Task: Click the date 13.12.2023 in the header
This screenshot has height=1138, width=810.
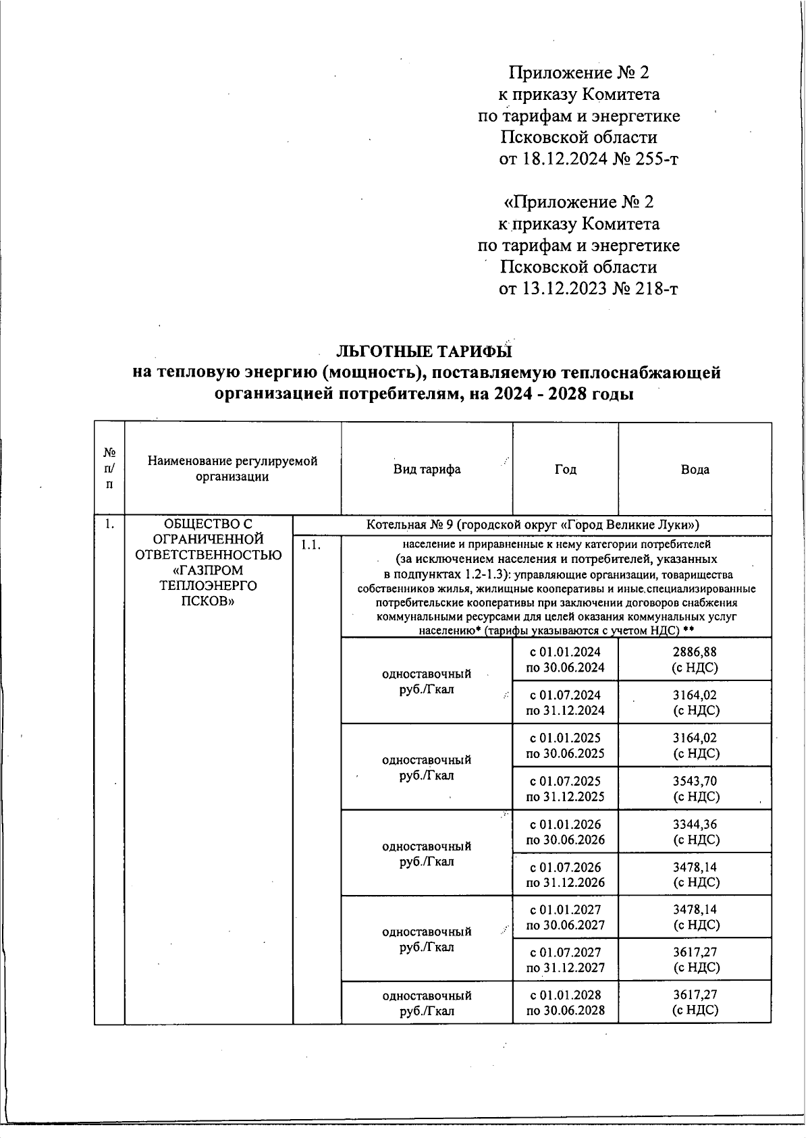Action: (x=554, y=290)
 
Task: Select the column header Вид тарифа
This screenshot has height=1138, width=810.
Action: (x=427, y=469)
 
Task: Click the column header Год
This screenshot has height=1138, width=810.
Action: (x=565, y=469)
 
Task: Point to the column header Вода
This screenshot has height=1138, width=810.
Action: (x=695, y=469)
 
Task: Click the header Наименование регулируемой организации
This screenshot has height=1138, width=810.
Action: (x=232, y=469)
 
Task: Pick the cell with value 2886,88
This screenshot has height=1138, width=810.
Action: (x=695, y=652)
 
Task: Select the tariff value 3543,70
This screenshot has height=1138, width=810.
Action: (x=695, y=781)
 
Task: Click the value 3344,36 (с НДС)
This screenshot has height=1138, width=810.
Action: (x=695, y=832)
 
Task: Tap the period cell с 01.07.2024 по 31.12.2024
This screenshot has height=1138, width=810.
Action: (x=565, y=703)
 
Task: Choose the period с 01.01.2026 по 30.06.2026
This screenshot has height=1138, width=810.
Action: (x=565, y=832)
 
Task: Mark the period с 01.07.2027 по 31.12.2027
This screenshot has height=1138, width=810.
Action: (x=565, y=960)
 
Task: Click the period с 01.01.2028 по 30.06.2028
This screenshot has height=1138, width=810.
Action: (x=565, y=1002)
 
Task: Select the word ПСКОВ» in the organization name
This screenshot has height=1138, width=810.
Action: (x=208, y=601)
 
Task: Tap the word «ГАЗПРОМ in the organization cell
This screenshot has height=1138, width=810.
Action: (x=208, y=570)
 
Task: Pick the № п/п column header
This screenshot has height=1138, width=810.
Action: (x=109, y=469)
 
